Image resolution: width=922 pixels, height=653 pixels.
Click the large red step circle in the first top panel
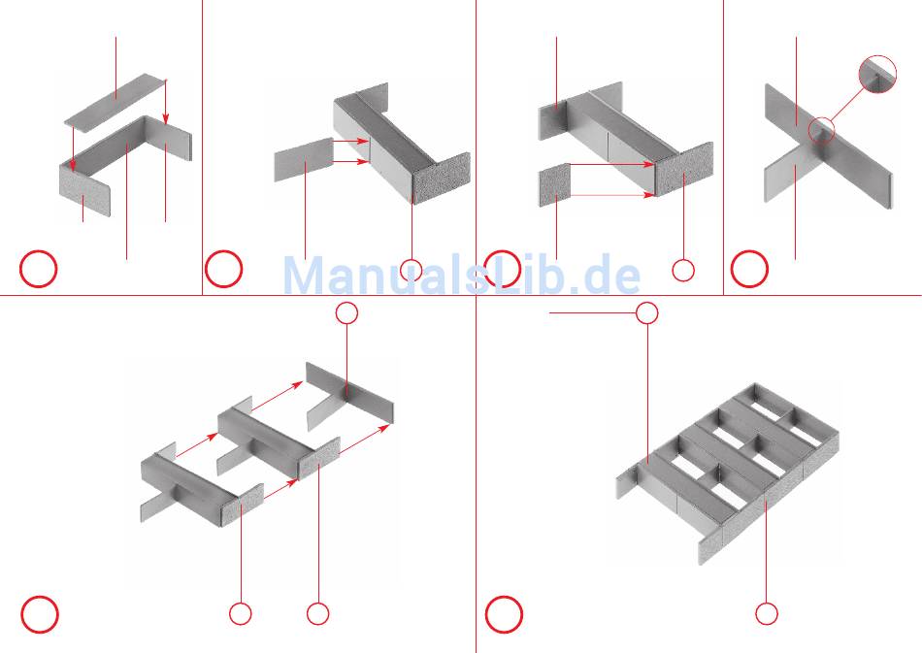coord(38,269)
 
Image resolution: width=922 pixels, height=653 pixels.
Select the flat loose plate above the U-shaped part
coord(115,99)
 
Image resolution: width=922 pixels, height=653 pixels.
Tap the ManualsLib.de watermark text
coord(461,276)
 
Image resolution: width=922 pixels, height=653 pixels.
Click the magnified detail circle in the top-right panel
coord(877,74)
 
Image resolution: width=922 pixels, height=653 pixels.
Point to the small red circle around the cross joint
coord(821,130)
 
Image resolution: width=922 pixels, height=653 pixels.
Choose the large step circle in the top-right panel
coord(748,269)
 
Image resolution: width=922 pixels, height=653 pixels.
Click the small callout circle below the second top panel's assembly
coord(412,271)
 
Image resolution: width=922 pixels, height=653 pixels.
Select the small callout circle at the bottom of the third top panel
coord(683,271)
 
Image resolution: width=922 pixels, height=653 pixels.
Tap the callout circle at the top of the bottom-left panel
coord(346,312)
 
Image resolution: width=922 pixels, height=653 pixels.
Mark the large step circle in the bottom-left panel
coord(40,613)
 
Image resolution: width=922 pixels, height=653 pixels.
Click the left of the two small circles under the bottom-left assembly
coord(240,613)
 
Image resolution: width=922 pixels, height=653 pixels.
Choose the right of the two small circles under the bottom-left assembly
coord(317,613)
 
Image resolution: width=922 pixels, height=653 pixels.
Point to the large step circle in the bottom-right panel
coord(504,613)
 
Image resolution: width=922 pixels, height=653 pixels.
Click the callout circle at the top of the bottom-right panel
coord(646,312)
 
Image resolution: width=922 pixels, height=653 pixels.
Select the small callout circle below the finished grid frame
coord(767,613)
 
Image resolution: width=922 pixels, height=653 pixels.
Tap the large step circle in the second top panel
coord(223,269)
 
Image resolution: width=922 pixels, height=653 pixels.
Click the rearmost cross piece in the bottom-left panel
coord(350,394)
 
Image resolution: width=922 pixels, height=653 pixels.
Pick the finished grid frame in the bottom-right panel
coord(728,466)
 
